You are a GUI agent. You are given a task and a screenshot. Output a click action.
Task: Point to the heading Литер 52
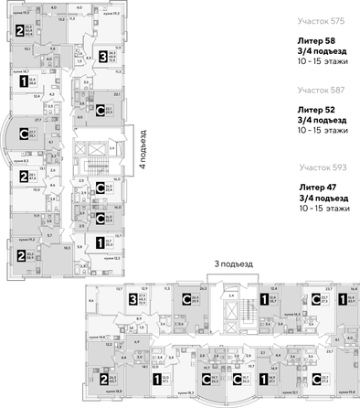point(315,110)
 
